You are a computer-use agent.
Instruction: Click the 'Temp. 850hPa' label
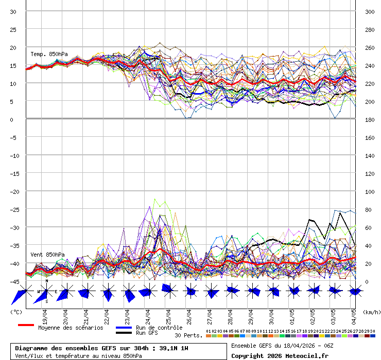[x=49, y=54]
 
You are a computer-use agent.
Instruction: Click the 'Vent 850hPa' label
[x=48, y=255]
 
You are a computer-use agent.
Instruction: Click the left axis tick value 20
[x=14, y=47]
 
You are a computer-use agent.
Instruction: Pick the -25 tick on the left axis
[x=14, y=209]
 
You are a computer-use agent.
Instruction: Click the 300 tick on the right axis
[x=370, y=11]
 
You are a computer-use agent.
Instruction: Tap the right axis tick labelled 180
[x=370, y=119]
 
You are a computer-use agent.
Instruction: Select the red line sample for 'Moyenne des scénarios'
[x=26, y=325]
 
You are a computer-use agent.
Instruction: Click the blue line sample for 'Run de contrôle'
[x=124, y=328]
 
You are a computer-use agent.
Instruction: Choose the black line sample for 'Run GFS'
[x=124, y=333]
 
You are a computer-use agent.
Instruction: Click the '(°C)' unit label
[x=16, y=312]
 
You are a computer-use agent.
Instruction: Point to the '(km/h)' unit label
[x=371, y=312]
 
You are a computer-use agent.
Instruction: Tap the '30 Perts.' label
[x=188, y=335]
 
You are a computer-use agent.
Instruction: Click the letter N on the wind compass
[x=47, y=281]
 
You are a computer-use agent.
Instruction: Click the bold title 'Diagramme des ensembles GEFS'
[x=66, y=348]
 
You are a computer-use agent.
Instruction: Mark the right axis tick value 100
[x=370, y=191]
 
